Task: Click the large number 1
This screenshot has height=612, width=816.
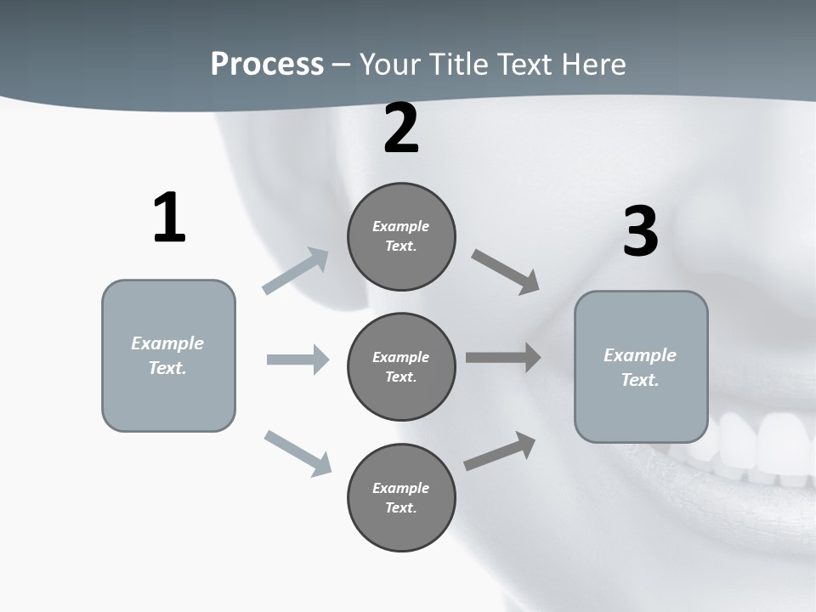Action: tap(169, 218)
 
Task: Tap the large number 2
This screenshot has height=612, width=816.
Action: tap(401, 129)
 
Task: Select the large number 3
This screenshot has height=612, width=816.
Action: tap(640, 232)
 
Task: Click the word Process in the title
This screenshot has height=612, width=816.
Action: tap(267, 64)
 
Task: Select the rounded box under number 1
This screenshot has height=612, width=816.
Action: tap(168, 355)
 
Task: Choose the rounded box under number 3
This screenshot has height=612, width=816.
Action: tap(641, 367)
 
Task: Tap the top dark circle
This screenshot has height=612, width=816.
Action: tap(401, 236)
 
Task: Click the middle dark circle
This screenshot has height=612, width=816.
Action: tap(401, 367)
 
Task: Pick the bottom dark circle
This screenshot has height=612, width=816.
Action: tap(401, 498)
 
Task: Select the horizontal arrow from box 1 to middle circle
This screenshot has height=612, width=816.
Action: tap(297, 360)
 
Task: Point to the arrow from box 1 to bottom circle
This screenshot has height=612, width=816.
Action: tap(297, 453)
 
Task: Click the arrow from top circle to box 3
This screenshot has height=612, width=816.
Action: tap(506, 272)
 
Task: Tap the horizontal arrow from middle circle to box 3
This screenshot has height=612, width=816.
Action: tap(503, 358)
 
